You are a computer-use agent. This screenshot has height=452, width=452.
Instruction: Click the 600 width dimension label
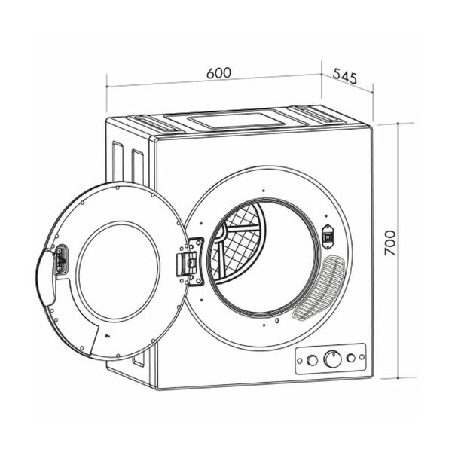tap(218, 73)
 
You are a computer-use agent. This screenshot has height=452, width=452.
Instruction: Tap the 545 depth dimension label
tap(345, 76)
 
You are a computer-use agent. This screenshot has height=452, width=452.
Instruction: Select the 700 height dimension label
tap(390, 243)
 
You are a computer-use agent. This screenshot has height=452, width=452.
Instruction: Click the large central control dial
tap(333, 359)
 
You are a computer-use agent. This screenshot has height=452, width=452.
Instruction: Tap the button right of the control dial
tap(351, 358)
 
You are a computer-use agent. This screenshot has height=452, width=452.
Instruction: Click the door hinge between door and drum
tap(191, 261)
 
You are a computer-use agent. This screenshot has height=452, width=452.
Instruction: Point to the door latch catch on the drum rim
tap(328, 237)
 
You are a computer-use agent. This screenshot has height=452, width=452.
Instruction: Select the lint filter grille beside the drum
tap(319, 289)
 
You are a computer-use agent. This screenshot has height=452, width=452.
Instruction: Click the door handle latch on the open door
tap(61, 259)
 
